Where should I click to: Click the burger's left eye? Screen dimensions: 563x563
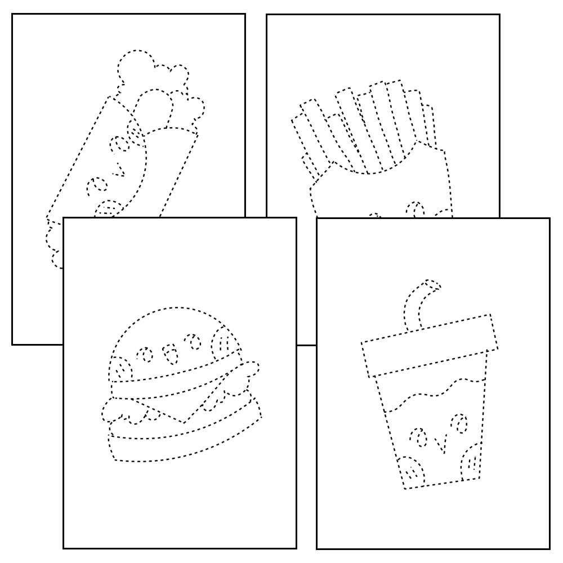point(145,354)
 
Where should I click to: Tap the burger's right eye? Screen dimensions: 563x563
point(194,341)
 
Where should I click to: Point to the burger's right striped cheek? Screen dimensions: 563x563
point(221,342)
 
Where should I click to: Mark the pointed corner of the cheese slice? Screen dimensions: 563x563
point(184,422)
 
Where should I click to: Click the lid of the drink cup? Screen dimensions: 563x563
point(430,345)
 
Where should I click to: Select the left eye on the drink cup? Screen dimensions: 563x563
point(418,436)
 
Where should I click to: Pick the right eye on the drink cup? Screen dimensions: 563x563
point(462,423)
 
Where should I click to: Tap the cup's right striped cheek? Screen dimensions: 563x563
point(472,462)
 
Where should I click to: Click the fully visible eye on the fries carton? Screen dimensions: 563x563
point(415,209)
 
